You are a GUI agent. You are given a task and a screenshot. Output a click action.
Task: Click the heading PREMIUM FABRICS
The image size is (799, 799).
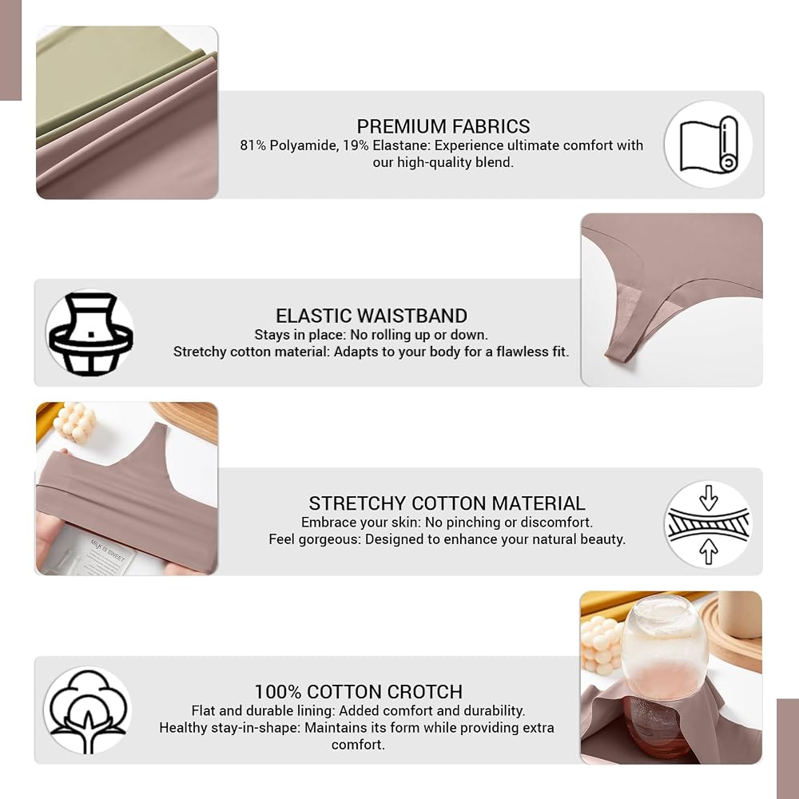tap(443, 126)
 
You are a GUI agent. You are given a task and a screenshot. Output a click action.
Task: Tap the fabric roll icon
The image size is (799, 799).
tap(708, 145)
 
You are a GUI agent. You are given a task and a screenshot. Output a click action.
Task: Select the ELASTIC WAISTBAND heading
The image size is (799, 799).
tap(372, 316)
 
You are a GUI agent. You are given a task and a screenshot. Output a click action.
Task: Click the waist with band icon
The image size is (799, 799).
tap(90, 334)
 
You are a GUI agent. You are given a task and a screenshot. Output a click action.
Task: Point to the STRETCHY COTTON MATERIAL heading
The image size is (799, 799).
tap(447, 503)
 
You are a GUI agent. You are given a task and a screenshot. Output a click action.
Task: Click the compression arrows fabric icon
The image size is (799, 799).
tap(708, 524)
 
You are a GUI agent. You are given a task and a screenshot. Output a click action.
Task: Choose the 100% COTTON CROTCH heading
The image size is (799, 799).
tap(358, 691)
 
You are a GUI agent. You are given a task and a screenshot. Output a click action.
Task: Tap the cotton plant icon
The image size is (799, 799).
tap(88, 711)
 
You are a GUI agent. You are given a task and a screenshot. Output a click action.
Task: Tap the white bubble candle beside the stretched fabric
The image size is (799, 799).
tap(75, 422)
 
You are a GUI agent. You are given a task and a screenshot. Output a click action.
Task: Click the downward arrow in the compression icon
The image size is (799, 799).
tap(708, 497)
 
